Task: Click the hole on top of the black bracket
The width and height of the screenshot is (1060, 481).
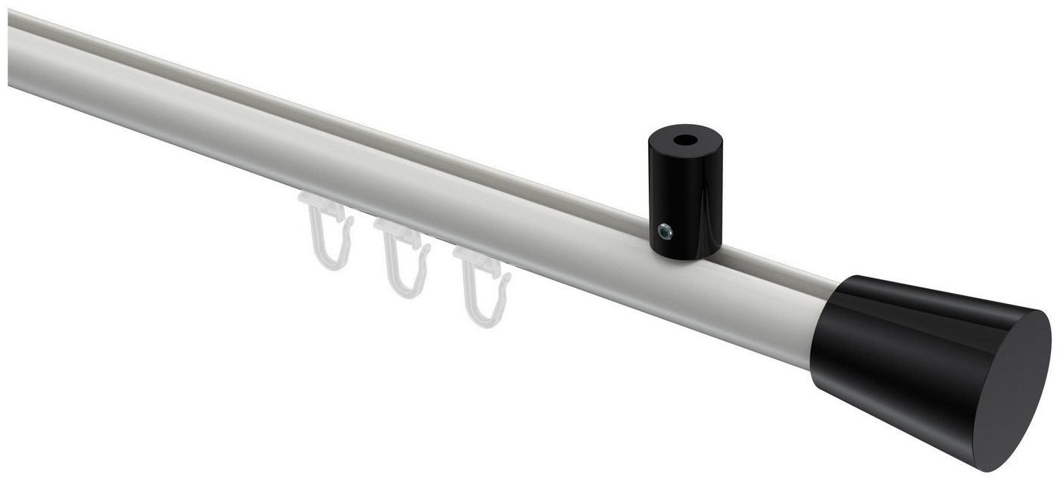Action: pos(685,141)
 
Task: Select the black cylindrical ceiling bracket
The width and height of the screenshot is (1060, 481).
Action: pos(684,197)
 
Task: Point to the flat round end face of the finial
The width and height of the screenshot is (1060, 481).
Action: pos(1007,386)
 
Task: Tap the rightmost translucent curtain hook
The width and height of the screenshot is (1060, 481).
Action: pos(481,287)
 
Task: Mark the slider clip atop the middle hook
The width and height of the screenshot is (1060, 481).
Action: pos(395,231)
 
